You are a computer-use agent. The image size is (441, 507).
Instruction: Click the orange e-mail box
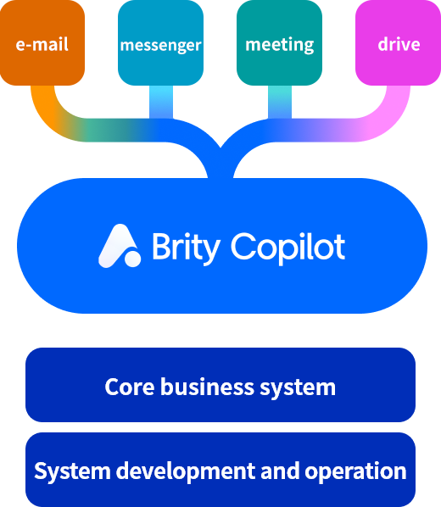click(42, 42)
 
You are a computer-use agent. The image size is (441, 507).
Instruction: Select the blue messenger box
click(161, 42)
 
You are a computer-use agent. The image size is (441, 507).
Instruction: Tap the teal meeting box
click(280, 42)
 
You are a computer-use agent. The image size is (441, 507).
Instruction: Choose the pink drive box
click(399, 42)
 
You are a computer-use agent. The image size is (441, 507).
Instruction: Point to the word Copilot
click(288, 248)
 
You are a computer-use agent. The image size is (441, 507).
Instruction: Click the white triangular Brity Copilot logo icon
click(120, 246)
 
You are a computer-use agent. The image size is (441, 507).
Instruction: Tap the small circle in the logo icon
click(132, 259)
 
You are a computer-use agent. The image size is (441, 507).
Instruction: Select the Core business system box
click(220, 385)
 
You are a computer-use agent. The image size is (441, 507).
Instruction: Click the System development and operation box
click(220, 470)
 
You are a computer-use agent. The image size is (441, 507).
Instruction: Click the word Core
click(130, 387)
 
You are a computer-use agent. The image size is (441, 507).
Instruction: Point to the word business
click(208, 387)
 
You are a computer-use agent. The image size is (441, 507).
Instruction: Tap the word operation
click(355, 471)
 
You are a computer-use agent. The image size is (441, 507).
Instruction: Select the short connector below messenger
click(161, 102)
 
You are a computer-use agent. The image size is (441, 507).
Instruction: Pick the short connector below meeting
click(280, 102)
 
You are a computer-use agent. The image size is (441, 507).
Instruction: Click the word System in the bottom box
click(72, 471)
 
